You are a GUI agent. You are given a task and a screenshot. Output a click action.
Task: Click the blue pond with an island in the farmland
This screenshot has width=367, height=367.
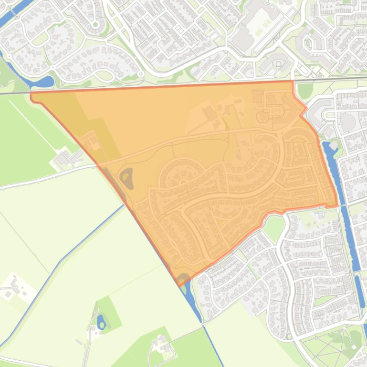click(101, 322)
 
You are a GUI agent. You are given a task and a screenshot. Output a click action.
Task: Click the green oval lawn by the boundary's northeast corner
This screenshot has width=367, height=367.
click(304, 90)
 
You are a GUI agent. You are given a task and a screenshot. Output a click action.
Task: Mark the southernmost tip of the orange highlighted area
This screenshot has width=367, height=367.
click(181, 285)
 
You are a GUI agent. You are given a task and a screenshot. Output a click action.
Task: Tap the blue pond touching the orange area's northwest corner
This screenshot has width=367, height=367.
click(40, 82)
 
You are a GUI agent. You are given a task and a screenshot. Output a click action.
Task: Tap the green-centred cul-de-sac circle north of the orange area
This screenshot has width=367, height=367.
click(95, 24)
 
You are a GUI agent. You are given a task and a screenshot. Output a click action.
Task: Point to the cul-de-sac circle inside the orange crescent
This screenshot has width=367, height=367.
click(183, 182)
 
